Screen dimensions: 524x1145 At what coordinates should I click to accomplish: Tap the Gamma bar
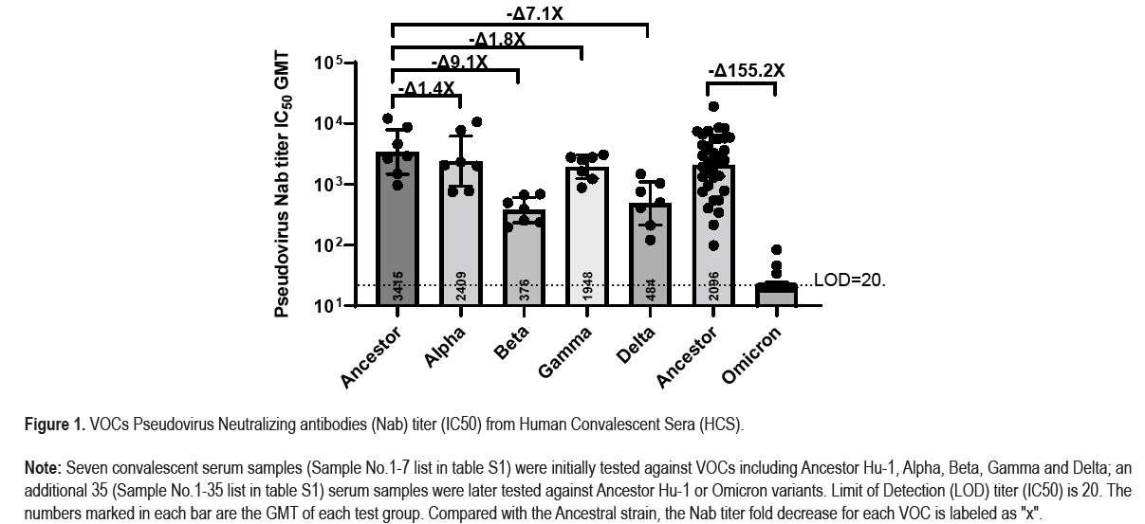coord(586,237)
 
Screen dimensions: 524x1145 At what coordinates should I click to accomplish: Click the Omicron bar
coord(776,295)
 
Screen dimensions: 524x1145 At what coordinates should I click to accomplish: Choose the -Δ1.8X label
coord(496,40)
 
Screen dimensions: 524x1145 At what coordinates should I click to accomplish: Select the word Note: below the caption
coord(44,469)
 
